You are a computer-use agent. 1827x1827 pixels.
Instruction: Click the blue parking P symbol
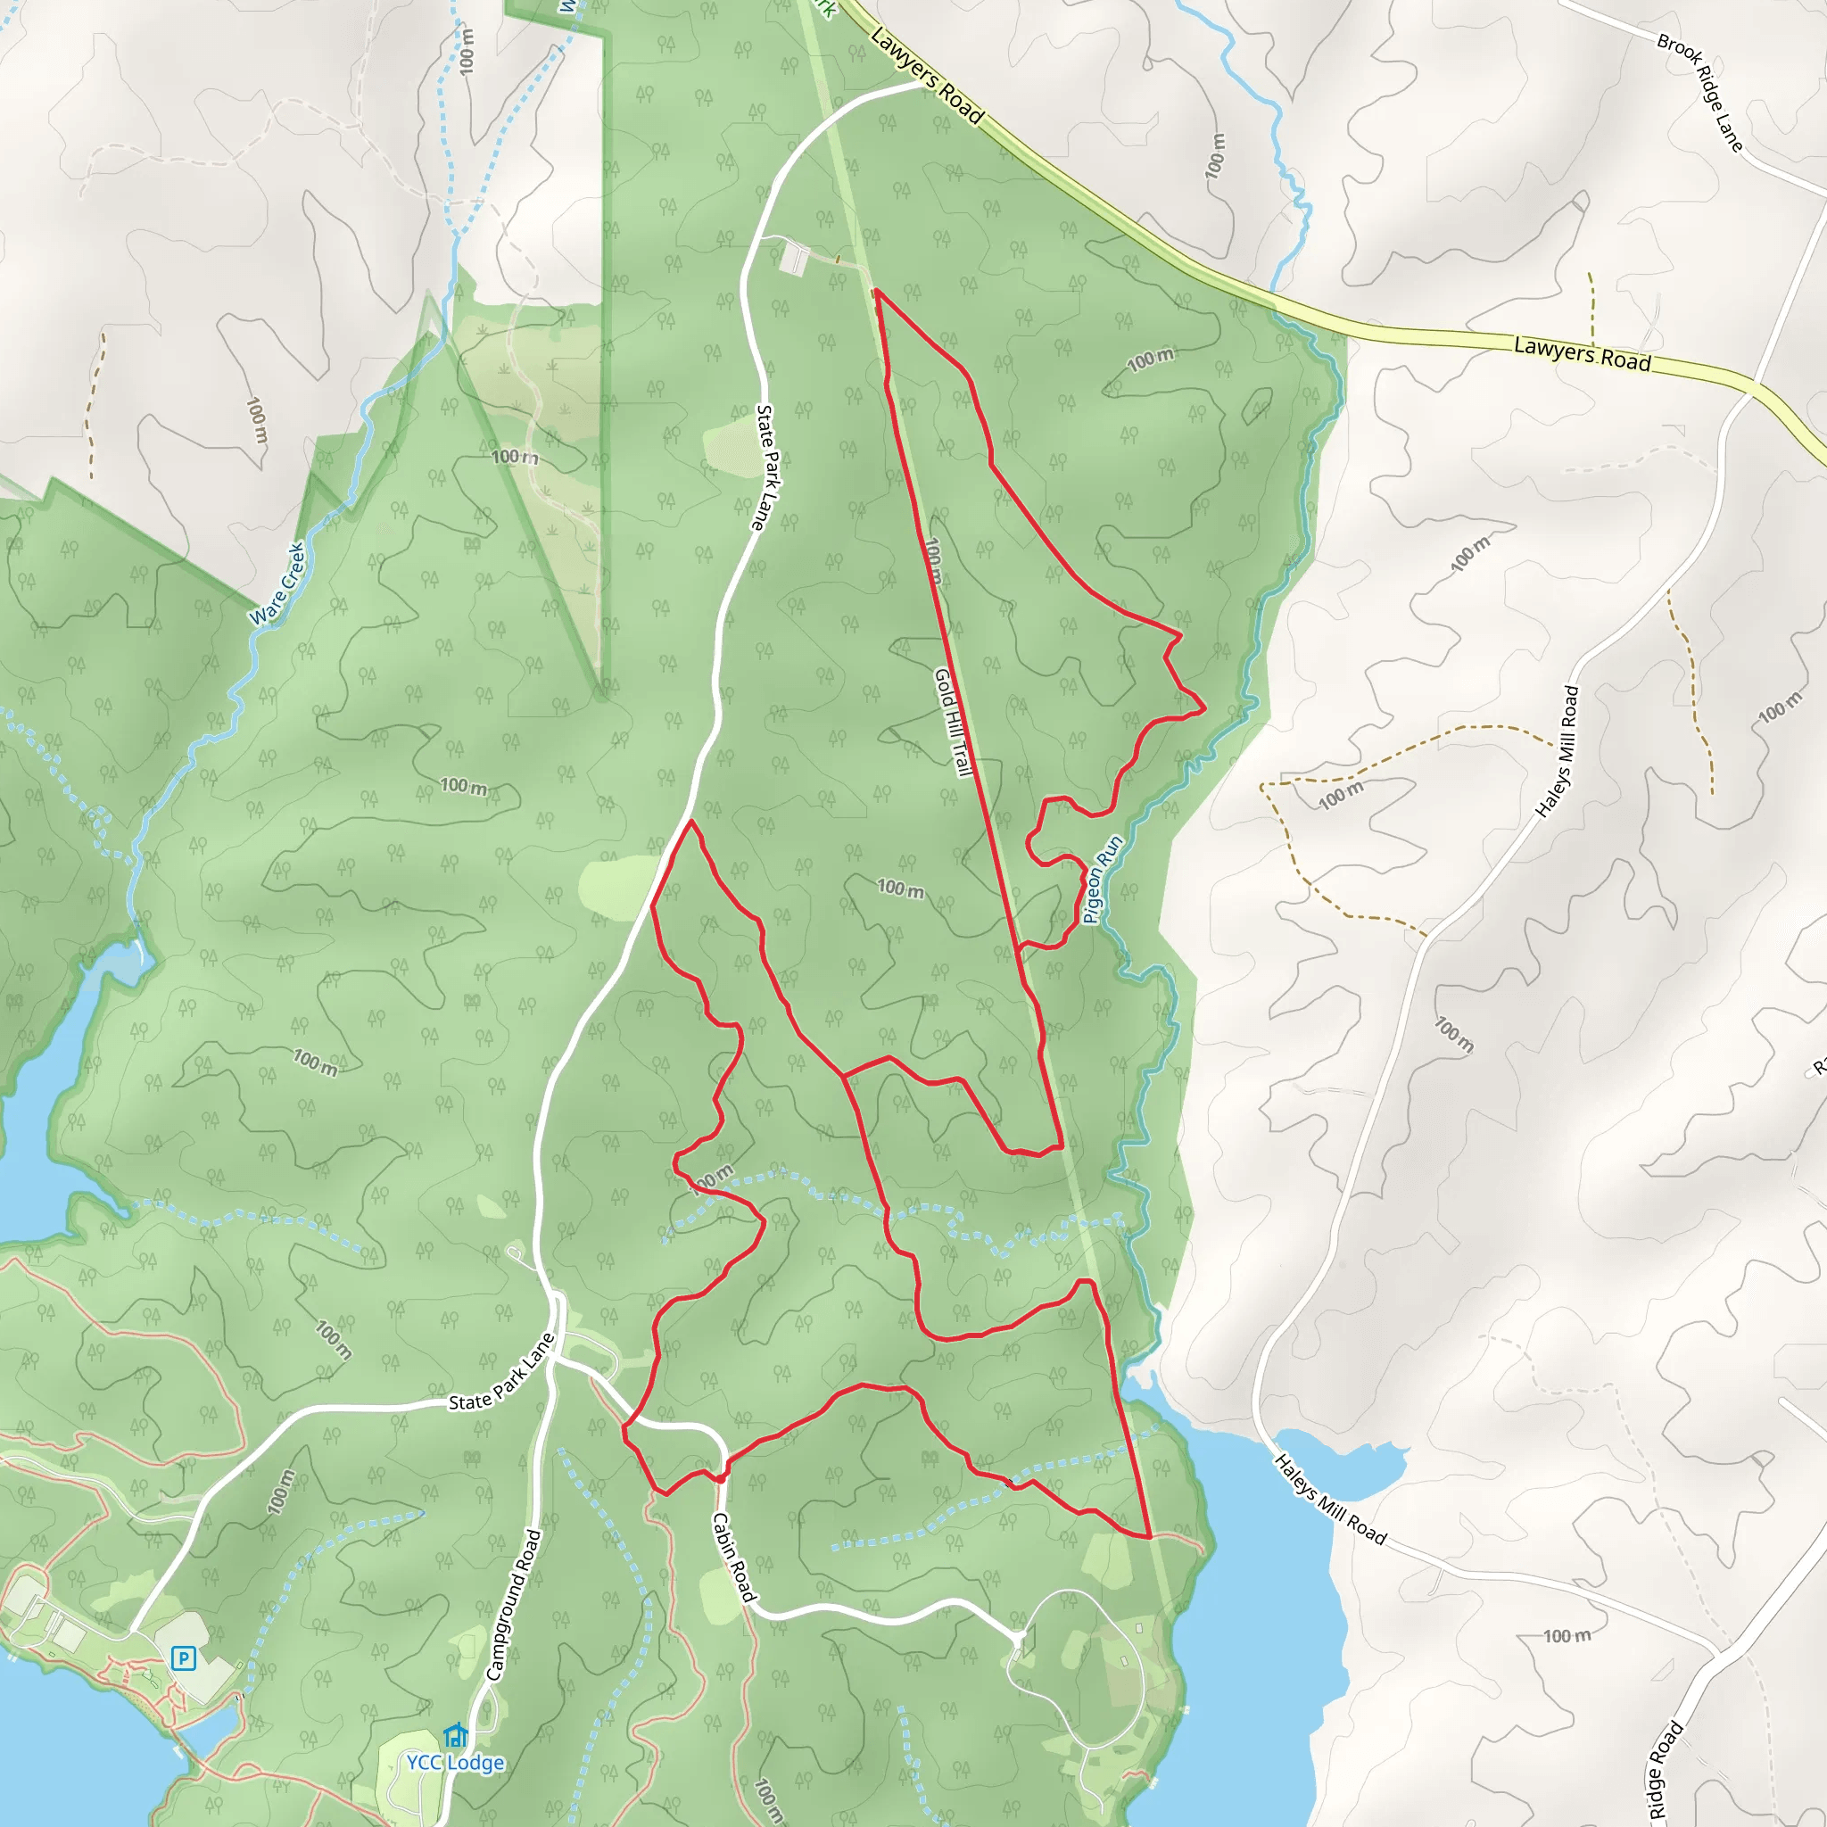(x=184, y=1658)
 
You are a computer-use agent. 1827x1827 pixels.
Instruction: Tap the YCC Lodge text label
(x=455, y=1763)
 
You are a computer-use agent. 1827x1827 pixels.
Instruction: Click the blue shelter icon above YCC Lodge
(x=456, y=1736)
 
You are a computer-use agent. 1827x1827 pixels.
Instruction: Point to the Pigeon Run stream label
(x=1103, y=880)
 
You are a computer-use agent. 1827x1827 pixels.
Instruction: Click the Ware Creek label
(x=277, y=583)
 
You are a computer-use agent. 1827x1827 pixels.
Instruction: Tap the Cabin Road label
(x=735, y=1558)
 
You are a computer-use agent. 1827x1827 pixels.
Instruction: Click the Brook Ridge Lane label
(x=1699, y=93)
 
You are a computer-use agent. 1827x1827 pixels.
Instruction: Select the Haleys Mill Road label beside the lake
(x=1329, y=1500)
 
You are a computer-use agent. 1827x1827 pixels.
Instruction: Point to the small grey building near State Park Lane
(x=793, y=258)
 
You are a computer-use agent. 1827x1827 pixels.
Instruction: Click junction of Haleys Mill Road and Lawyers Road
(x=1755, y=383)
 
